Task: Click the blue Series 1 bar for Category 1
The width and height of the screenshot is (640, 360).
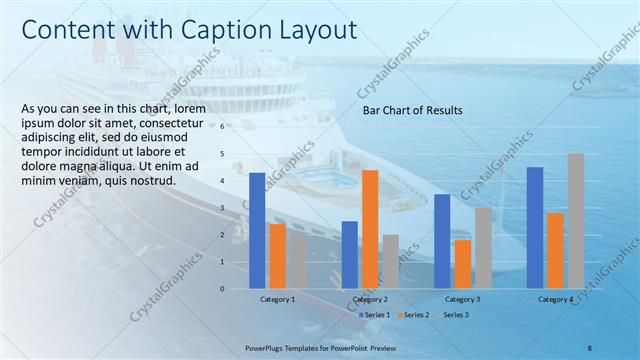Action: click(x=257, y=231)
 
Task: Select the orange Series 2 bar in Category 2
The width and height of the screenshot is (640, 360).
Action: click(x=370, y=229)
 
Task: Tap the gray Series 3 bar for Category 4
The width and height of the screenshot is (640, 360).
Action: click(x=576, y=221)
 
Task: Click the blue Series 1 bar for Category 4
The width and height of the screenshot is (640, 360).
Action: click(x=535, y=228)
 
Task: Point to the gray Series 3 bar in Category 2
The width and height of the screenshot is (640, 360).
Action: click(x=390, y=262)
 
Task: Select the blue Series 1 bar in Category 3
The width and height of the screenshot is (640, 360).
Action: click(x=442, y=241)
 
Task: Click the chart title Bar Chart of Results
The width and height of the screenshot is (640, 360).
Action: click(x=412, y=110)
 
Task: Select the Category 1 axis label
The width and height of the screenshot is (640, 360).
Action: click(x=277, y=299)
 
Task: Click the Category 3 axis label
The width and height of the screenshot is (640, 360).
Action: click(x=462, y=299)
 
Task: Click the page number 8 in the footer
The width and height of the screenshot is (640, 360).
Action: click(x=589, y=347)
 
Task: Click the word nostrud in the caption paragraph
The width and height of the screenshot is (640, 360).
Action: click(x=152, y=181)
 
